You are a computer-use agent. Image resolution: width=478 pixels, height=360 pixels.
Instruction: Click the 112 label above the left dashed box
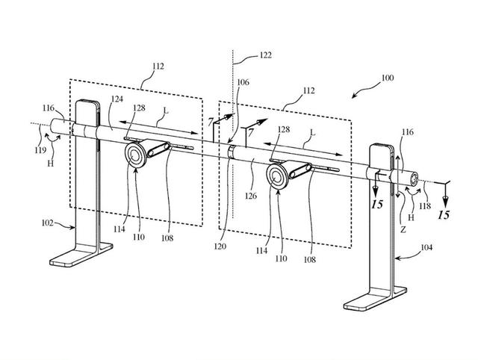pyautogui.click(x=158, y=65)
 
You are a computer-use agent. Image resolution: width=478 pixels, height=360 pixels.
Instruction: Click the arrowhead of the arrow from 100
pyautogui.click(x=350, y=96)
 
